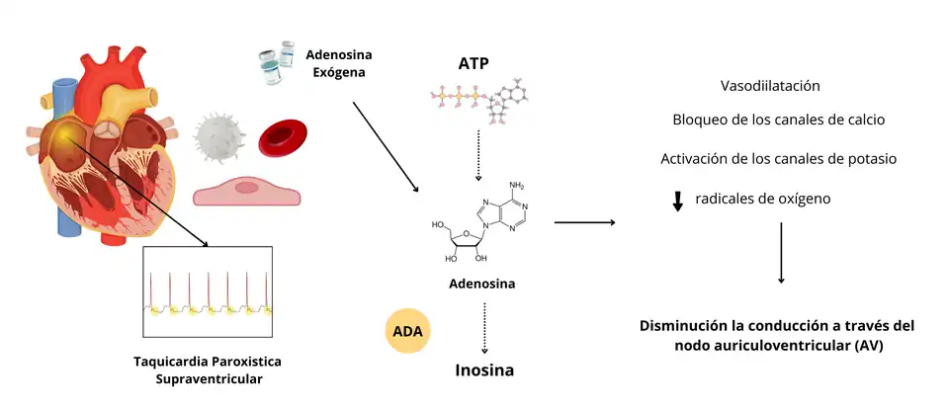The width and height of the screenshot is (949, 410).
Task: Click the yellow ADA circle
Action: click(x=408, y=333)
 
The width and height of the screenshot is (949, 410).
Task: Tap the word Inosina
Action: click(x=483, y=371)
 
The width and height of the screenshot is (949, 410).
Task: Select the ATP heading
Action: click(x=474, y=64)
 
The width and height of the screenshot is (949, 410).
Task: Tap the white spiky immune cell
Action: click(x=219, y=136)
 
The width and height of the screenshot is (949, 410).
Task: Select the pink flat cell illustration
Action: click(x=247, y=190)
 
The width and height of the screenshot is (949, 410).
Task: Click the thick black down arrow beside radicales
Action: click(x=678, y=201)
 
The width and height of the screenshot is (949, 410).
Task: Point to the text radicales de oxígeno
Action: click(x=762, y=199)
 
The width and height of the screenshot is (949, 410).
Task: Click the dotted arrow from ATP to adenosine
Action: click(x=477, y=152)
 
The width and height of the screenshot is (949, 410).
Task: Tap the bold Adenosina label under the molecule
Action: click(x=482, y=284)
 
